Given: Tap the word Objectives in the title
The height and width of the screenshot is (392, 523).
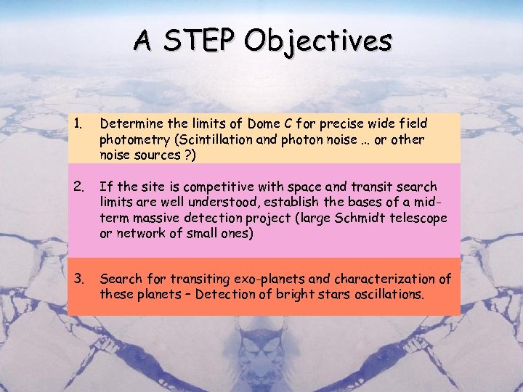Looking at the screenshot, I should coord(318,41).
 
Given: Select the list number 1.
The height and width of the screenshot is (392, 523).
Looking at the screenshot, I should coord(78,123).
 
